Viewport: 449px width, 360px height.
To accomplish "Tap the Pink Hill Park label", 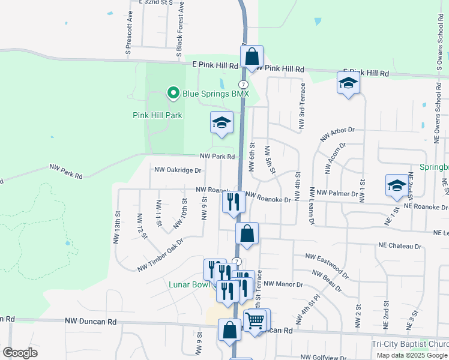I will click(x=157, y=115).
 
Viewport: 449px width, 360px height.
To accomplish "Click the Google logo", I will click(x=20, y=353).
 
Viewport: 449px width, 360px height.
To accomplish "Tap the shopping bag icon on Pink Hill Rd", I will click(x=252, y=58).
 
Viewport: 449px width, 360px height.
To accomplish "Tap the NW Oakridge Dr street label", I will click(x=178, y=170).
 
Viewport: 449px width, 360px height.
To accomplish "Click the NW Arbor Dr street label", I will click(x=338, y=133).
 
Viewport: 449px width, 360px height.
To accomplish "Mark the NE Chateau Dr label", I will click(x=400, y=246).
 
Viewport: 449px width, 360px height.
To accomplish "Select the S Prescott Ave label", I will click(x=129, y=40).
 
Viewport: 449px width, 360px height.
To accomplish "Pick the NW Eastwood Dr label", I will click(x=327, y=265).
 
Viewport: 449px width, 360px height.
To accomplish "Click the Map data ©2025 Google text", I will click(x=411, y=355).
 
